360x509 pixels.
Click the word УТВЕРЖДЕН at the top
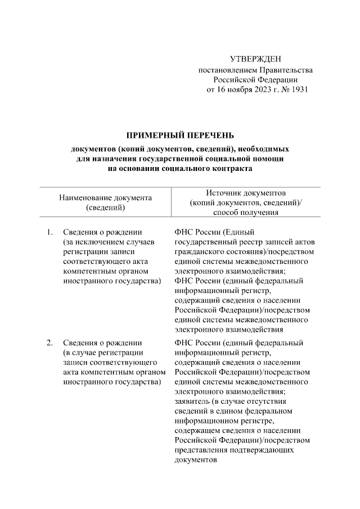[x=255, y=60]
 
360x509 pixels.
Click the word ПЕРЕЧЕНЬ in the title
[x=211, y=136]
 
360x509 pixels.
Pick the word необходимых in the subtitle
[x=264, y=149]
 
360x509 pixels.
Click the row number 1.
[x=49, y=232]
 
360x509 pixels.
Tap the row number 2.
[x=49, y=343]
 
